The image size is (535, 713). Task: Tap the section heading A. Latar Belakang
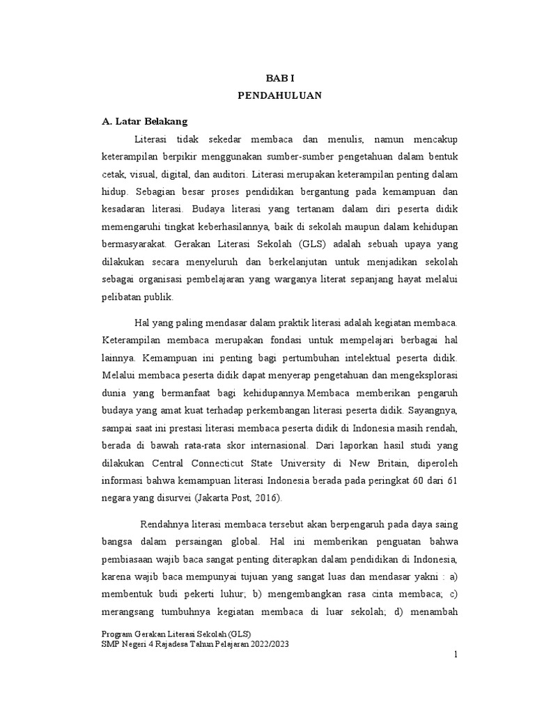coord(145,121)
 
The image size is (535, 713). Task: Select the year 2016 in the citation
coord(265,499)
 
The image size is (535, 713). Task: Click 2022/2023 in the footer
coord(264,645)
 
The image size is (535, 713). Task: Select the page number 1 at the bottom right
coord(454,655)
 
